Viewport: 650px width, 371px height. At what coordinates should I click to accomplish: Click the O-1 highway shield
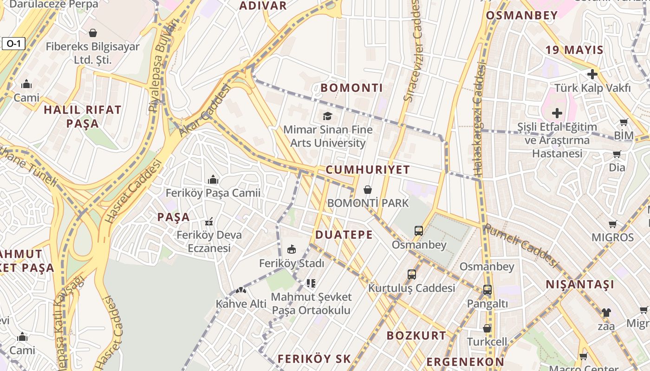coord(13,44)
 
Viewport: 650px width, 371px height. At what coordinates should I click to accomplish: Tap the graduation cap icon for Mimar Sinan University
coord(328,116)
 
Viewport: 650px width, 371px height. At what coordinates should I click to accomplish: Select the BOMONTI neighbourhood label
coord(352,88)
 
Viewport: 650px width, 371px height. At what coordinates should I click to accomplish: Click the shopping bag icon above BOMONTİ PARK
coord(368,190)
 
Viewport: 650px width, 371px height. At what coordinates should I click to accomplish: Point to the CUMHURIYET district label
coord(368,170)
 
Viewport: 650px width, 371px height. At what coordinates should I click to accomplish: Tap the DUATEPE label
coord(344,235)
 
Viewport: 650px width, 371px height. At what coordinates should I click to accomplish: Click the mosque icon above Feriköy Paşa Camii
coord(213,179)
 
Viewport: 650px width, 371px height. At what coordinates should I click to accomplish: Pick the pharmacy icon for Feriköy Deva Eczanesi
coord(209,222)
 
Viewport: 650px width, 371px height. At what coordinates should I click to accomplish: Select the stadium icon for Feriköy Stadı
coord(292,249)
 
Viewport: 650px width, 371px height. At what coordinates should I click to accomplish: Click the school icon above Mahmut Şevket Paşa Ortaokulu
coord(311,283)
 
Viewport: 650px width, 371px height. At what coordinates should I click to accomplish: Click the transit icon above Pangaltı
coord(487,290)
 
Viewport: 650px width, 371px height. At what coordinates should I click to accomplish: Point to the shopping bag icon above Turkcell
coord(487,328)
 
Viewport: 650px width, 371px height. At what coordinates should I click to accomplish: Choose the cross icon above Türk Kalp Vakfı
coord(592,74)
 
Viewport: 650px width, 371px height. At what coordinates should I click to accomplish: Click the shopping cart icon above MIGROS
coord(613,224)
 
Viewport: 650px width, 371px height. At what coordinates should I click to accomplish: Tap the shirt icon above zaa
coord(606,313)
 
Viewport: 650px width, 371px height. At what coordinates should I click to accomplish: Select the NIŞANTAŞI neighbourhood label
coord(579,284)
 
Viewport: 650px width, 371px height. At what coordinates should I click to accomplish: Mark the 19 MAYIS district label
coord(574,50)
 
